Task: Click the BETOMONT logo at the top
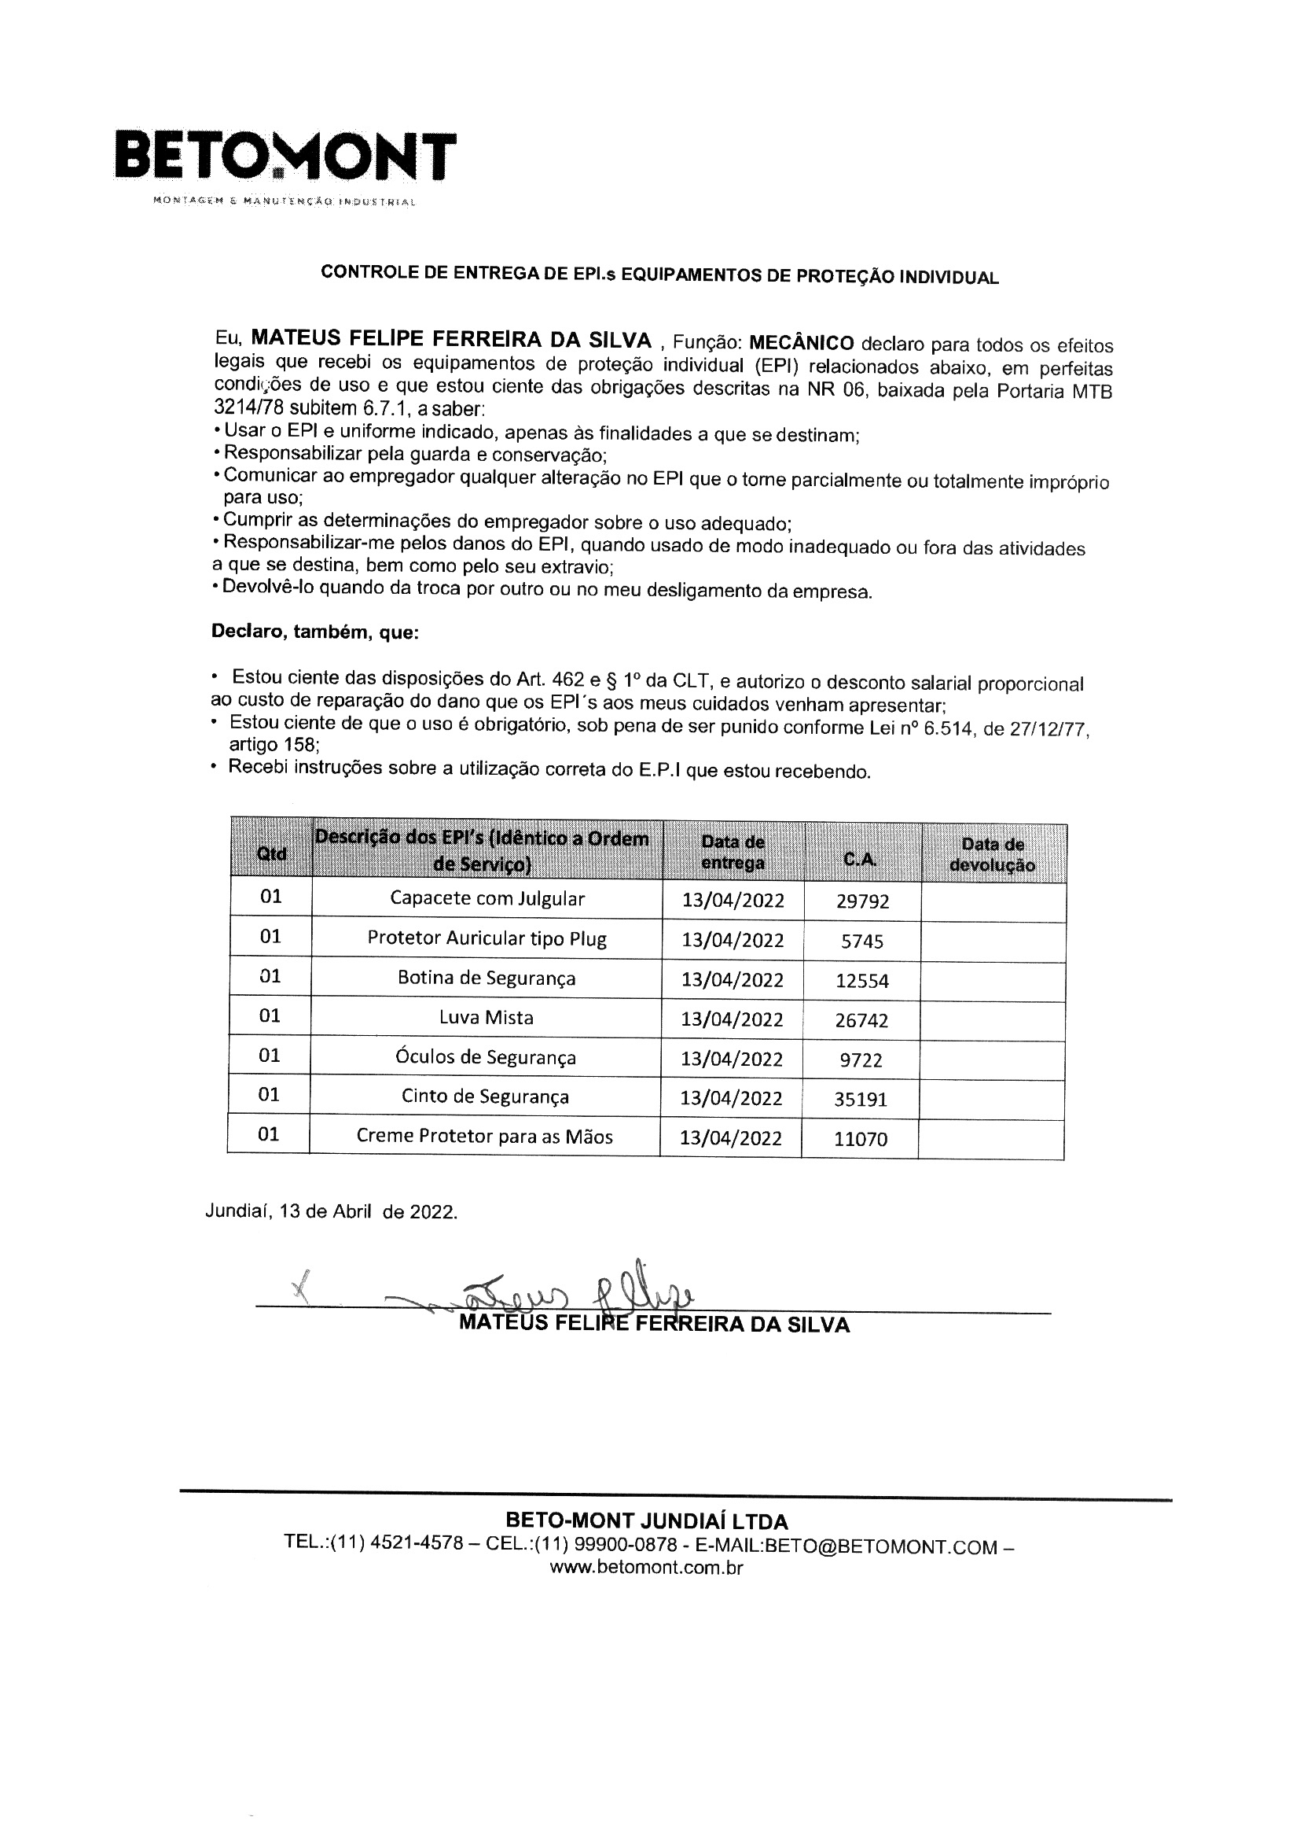tap(285, 157)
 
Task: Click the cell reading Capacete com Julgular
tap(487, 898)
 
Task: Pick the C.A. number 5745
tap(862, 941)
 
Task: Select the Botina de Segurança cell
tap(487, 978)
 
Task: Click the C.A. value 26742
tap(861, 1020)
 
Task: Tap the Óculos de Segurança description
tap(486, 1057)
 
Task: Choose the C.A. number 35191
tap(861, 1099)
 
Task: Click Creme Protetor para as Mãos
tap(484, 1136)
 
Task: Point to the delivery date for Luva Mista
tap(732, 1019)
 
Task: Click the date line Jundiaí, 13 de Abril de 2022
tap(332, 1211)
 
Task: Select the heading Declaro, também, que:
tap(314, 632)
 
